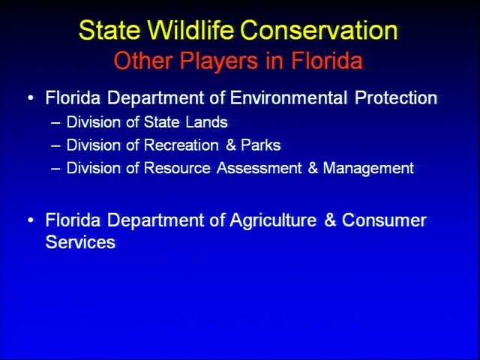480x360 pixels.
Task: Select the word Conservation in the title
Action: tap(319, 30)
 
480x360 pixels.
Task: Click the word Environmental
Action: tap(289, 97)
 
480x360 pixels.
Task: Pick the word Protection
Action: tap(396, 97)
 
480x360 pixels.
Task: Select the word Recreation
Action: tap(181, 145)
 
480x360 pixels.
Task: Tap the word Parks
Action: tap(261, 145)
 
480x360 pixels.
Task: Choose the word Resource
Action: tap(177, 168)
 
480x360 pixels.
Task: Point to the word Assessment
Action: tap(259, 168)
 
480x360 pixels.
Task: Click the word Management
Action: tap(368, 169)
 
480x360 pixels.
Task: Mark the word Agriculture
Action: tap(273, 220)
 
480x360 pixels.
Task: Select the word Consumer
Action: tap(384, 220)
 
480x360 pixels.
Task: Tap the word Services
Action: tap(80, 241)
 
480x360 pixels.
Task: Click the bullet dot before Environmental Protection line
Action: tap(30, 98)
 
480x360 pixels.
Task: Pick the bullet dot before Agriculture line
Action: tap(30, 220)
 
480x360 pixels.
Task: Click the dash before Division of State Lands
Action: tap(55, 123)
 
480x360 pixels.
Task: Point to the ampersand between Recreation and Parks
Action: tap(231, 145)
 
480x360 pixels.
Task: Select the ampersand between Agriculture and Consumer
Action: tap(330, 220)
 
